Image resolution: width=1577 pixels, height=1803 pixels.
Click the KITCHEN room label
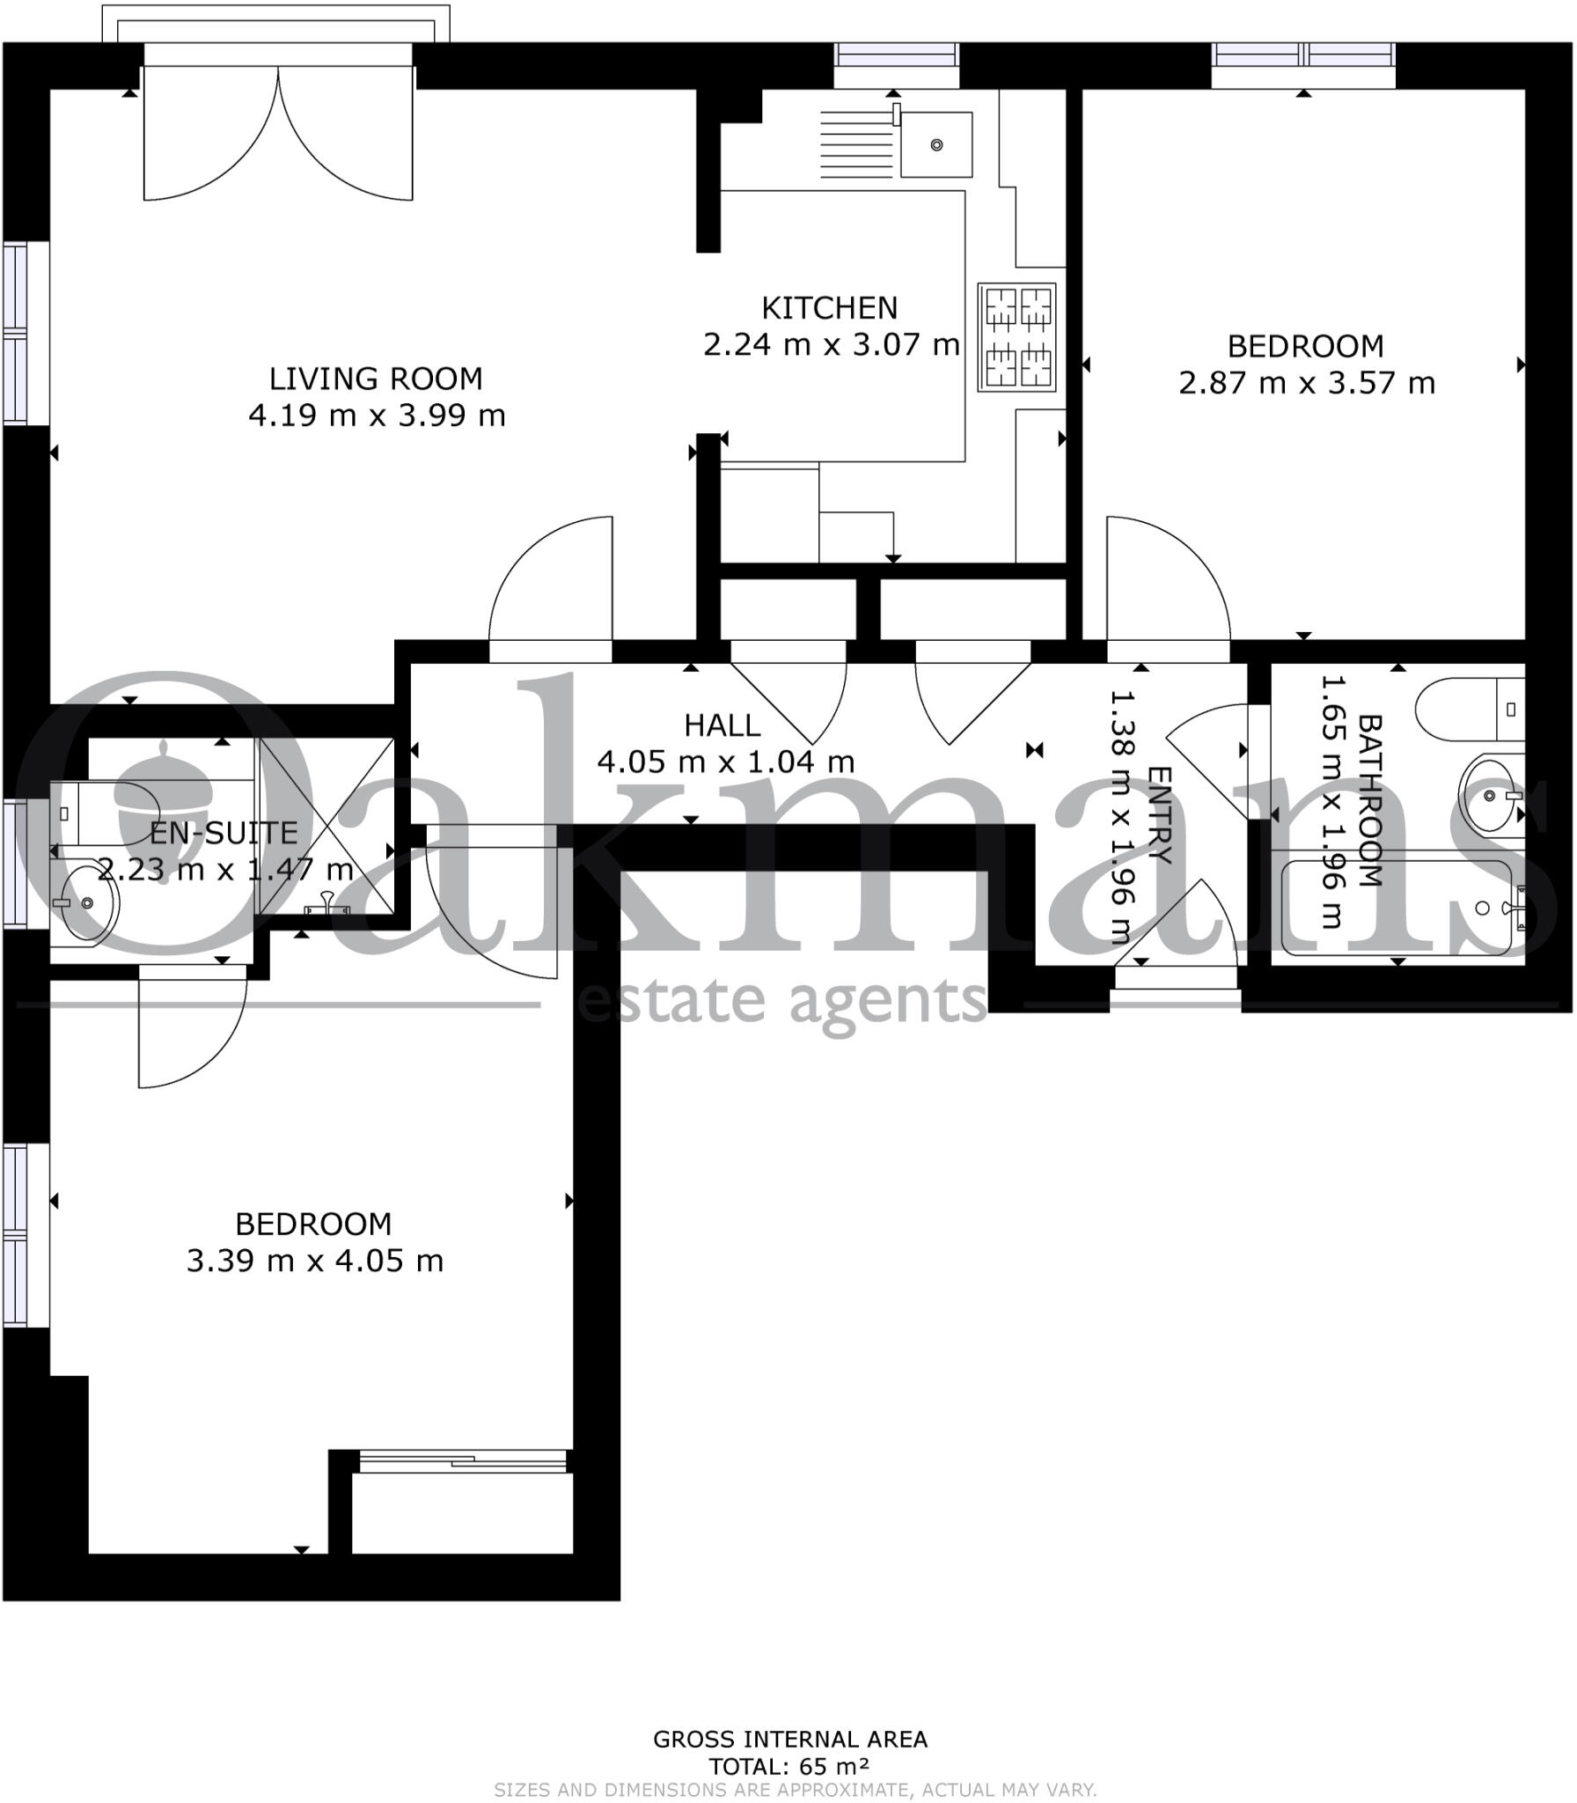(829, 308)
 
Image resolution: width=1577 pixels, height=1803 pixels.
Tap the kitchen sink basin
(936, 144)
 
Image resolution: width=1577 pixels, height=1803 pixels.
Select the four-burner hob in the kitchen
(1019, 337)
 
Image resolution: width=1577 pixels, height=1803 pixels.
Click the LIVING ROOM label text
(376, 379)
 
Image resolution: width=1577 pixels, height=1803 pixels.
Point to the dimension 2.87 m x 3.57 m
(1306, 384)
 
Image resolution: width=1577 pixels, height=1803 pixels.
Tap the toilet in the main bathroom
(1468, 710)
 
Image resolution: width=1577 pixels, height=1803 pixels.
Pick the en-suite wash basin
(84, 902)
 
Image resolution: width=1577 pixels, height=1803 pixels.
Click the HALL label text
(722, 726)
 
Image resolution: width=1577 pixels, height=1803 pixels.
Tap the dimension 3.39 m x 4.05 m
(314, 1261)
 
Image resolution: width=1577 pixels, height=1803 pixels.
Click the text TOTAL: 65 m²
(789, 1766)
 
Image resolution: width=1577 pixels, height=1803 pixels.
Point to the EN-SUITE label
(224, 833)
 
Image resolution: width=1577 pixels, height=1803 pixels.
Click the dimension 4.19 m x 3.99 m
(377, 416)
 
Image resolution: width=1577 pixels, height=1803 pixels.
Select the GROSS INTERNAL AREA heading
(789, 1740)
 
